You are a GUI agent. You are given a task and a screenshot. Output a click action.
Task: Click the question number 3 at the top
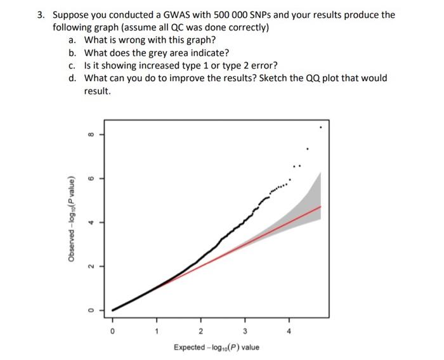[40, 15]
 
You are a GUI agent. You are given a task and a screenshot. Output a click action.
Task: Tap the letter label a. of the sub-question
[72, 40]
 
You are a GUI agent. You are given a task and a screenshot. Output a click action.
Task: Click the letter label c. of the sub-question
[72, 65]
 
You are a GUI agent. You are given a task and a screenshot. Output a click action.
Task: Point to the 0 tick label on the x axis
[112, 331]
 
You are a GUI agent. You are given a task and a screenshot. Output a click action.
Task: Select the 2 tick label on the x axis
[200, 331]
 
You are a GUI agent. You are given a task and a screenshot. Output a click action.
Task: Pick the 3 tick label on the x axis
[245, 331]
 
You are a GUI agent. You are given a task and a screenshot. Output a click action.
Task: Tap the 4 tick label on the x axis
[290, 331]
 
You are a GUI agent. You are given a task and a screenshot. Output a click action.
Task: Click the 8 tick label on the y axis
[90, 135]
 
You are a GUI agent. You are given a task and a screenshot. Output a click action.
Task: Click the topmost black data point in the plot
[321, 128]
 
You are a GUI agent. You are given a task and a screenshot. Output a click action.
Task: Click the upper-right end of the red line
[321, 207]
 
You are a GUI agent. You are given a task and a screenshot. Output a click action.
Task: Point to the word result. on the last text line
[98, 91]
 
